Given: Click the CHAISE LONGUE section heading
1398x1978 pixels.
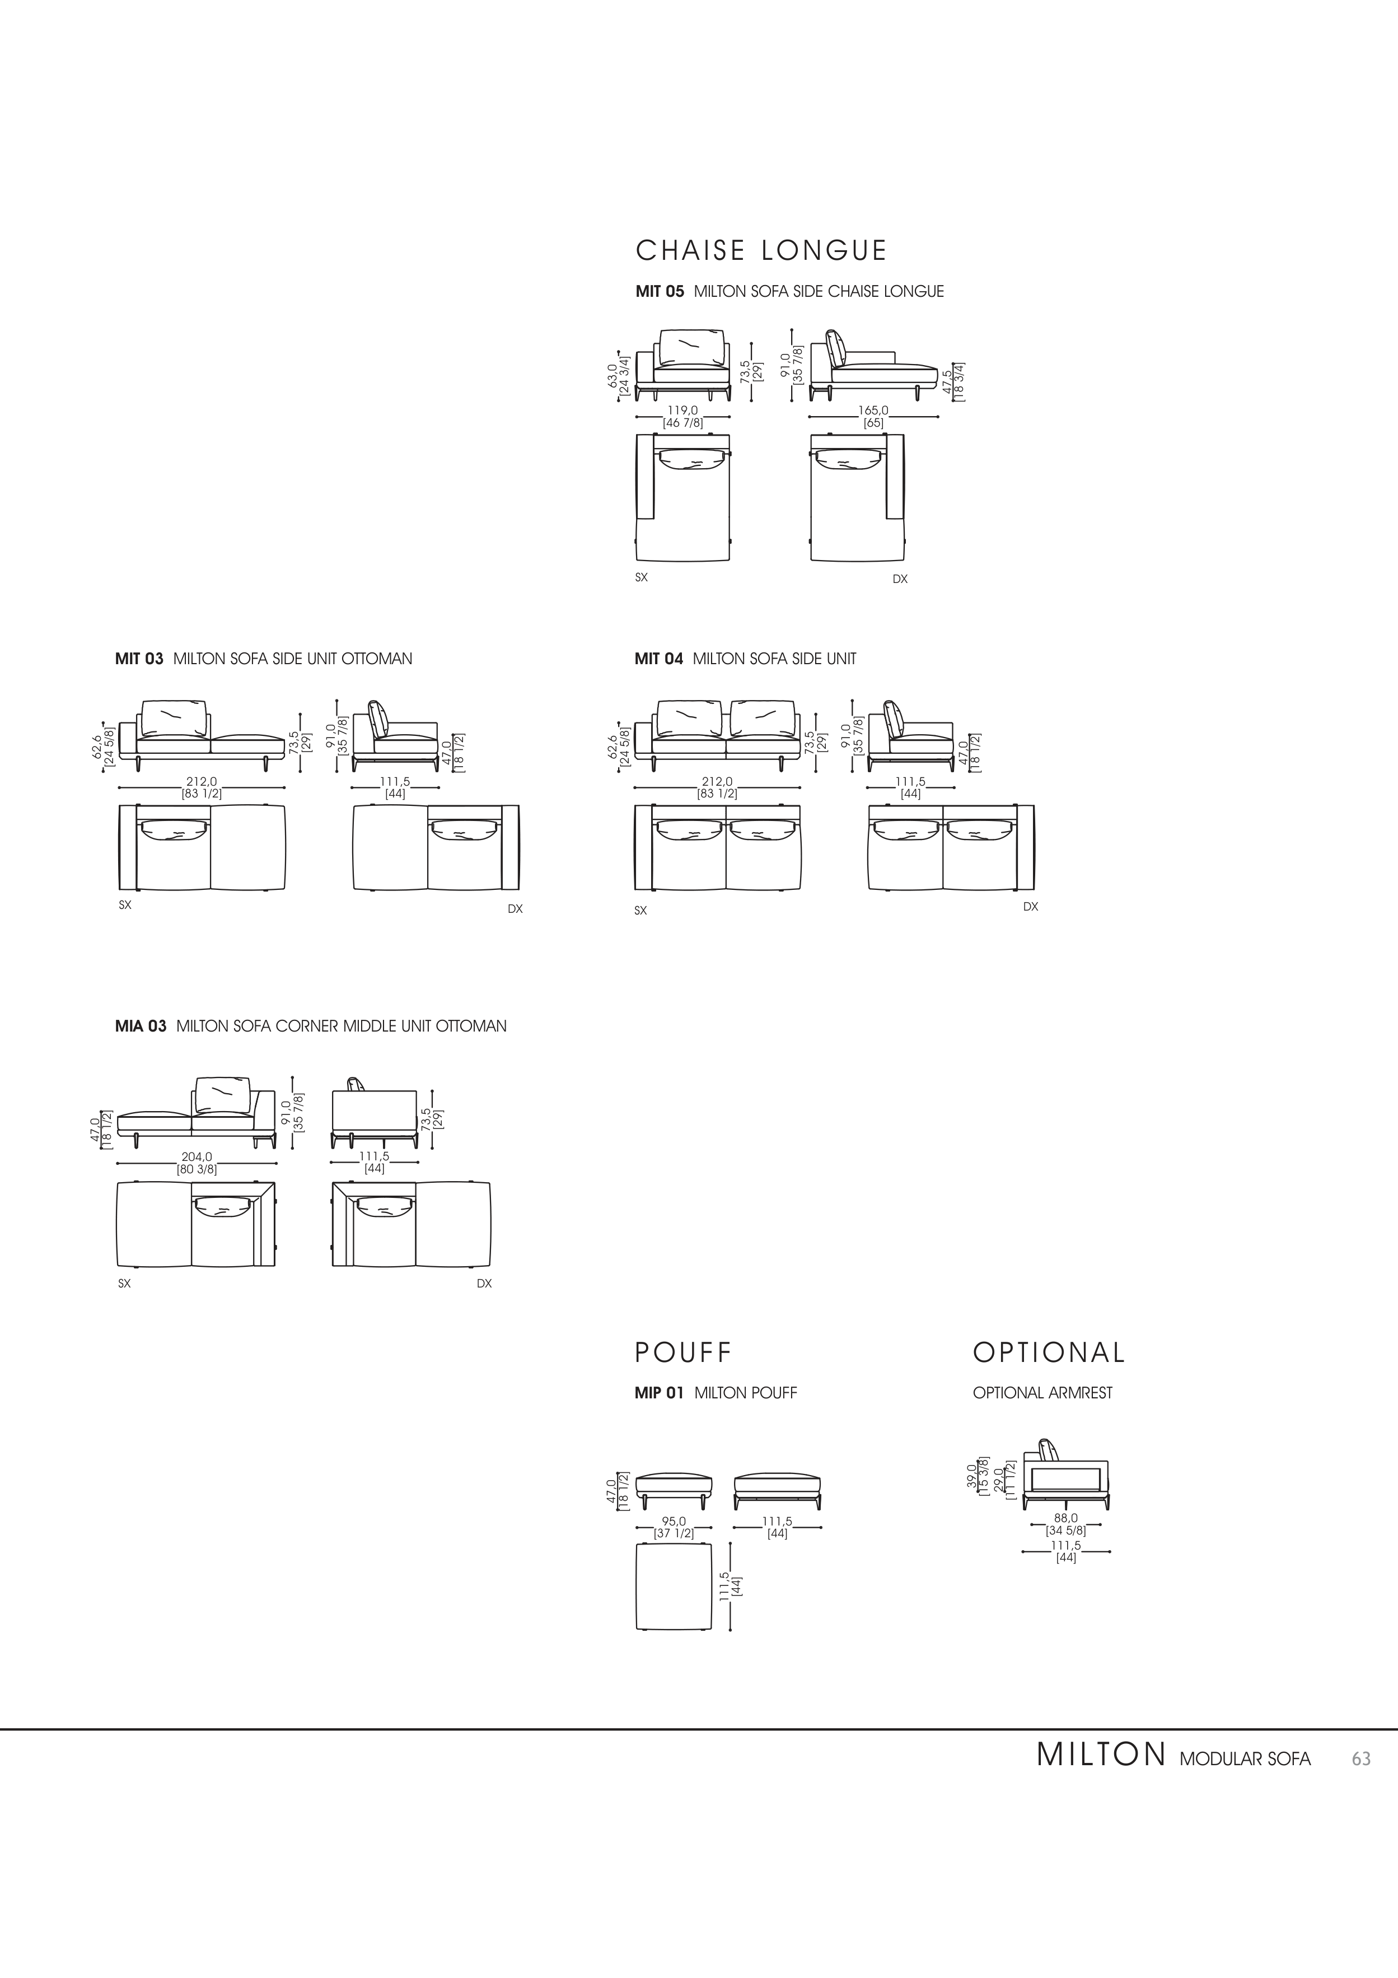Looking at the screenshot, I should click(x=761, y=251).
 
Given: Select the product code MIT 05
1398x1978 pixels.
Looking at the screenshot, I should click(x=659, y=292).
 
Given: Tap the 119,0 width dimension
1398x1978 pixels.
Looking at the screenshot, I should click(x=682, y=411).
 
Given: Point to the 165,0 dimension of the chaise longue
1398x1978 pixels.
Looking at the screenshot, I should click(x=873, y=411).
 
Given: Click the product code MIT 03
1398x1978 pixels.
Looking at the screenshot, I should click(x=139, y=659).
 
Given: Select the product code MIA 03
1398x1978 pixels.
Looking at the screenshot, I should click(x=141, y=1026).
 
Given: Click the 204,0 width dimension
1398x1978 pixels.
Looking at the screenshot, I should click(x=197, y=1157).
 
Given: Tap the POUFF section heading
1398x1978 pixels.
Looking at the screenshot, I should click(x=682, y=1352).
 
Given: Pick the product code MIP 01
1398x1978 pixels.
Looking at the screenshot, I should click(x=659, y=1393).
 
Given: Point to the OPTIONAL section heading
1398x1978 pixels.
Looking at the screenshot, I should click(x=1048, y=1352).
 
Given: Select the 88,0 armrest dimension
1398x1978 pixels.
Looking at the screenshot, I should click(x=1065, y=1518).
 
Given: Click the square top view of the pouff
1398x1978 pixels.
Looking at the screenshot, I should click(x=674, y=1587).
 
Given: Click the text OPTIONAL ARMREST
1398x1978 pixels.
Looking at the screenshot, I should click(x=1042, y=1393).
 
